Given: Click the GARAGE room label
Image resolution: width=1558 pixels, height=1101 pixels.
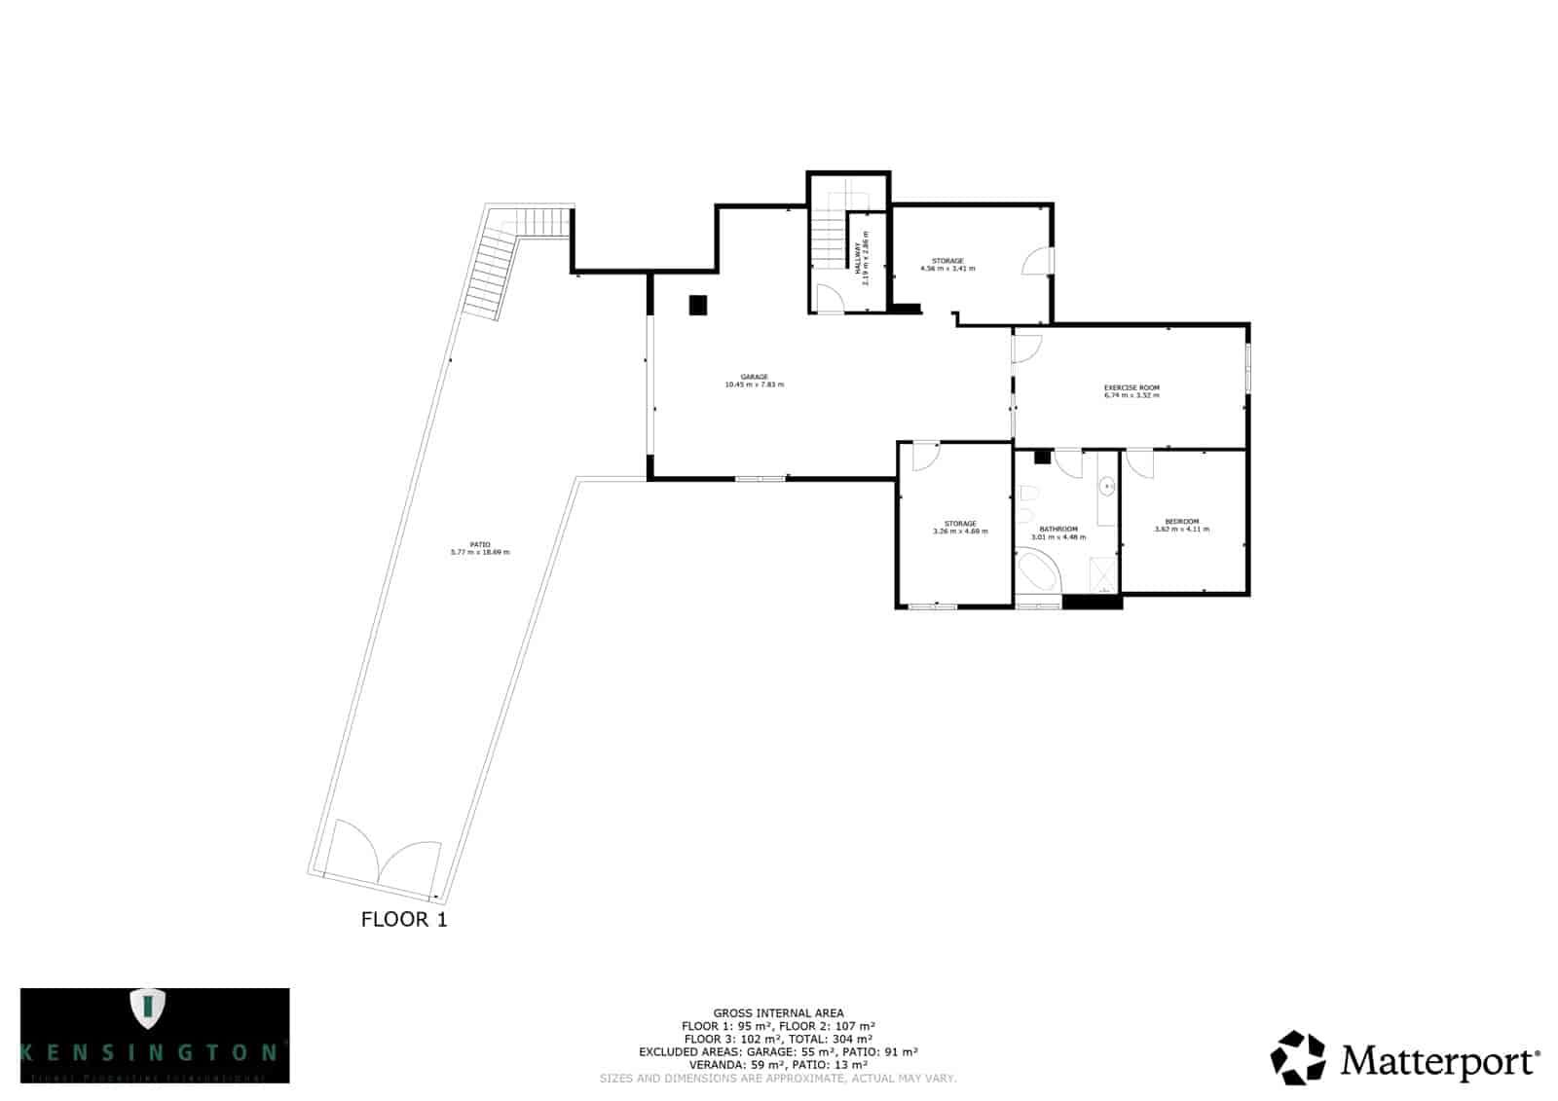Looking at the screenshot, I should [754, 377].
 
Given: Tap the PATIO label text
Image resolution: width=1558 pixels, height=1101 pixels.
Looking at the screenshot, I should [479, 544].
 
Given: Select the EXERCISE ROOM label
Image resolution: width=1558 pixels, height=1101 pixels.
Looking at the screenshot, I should [1131, 387].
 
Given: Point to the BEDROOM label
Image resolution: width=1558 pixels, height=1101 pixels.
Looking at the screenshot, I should [1181, 521].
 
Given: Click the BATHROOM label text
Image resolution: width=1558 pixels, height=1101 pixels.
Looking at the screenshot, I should [1057, 529].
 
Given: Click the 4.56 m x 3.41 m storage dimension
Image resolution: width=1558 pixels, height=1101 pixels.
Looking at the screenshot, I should [947, 269].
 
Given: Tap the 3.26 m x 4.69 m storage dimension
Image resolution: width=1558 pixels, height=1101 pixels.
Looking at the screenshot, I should [960, 532].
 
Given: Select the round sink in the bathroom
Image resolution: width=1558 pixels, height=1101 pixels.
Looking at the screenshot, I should [1107, 485].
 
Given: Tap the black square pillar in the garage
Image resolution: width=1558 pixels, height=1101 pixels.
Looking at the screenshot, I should [698, 305].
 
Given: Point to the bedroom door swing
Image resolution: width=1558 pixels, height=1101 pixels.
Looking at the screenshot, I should [1139, 463].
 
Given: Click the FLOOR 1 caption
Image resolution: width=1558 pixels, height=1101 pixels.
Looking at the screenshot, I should [404, 919].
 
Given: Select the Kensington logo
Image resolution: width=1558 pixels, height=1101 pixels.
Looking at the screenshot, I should [155, 1035].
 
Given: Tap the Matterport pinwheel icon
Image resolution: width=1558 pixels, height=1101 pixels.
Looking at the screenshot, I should [1298, 1057].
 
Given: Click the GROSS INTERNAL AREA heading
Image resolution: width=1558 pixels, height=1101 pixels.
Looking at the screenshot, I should [778, 1013].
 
